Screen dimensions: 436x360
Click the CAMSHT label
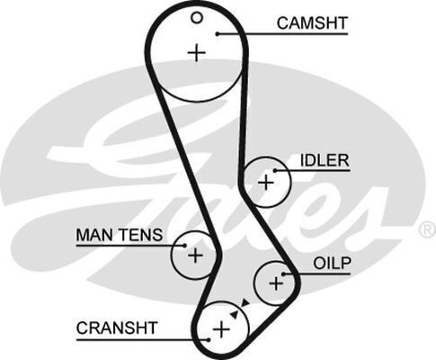coord(312,23)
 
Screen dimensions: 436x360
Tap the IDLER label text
coord(325,160)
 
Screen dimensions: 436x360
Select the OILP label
coord(332,264)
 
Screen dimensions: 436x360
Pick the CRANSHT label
coord(117,328)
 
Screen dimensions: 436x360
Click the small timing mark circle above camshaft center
coord(197,18)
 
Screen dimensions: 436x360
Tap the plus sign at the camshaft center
coord(197,53)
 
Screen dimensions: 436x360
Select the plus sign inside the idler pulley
coord(266,182)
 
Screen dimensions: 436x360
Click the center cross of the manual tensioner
coord(195,256)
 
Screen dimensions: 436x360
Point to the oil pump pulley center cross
coord(276,283)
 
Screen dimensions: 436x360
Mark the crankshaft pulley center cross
coord(221,329)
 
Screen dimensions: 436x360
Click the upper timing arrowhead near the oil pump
coord(245,302)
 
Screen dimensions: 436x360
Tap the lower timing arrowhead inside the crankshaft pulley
coord(234,314)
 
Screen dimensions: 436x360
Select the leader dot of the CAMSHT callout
coord(218,33)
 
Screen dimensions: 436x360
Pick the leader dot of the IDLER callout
coord(275,170)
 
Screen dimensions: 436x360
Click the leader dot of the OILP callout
coord(283,274)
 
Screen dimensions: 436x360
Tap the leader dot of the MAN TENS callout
coord(185,246)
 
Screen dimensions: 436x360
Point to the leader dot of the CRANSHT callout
coord(209,340)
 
